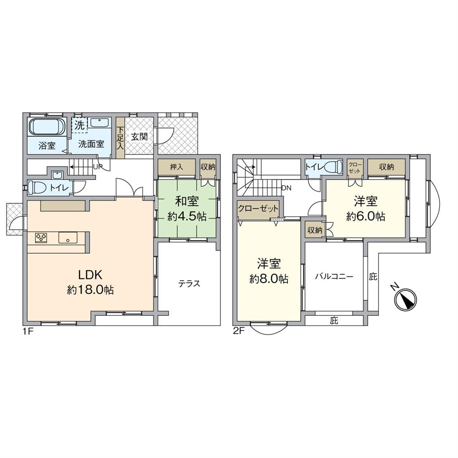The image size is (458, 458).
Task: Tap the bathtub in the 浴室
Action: tap(46, 127)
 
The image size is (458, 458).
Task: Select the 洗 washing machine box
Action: tap(79, 125)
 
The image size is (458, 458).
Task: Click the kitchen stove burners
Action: tap(41, 238)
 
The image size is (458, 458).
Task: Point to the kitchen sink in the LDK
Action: tap(68, 238)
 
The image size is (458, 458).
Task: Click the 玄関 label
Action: tap(139, 137)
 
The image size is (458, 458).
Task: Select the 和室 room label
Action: tap(187, 201)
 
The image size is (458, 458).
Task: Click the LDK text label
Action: tap(90, 275)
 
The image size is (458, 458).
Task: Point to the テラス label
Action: tap(189, 283)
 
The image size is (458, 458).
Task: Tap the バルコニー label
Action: tap(334, 276)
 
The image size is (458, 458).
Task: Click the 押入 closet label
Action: tap(176, 167)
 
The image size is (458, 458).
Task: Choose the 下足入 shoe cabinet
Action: tap(120, 138)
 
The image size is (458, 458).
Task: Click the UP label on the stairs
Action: tap(97, 167)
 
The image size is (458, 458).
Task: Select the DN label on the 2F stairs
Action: tap(286, 188)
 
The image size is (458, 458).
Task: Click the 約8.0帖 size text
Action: tap(269, 279)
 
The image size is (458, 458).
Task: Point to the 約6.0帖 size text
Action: tap(366, 216)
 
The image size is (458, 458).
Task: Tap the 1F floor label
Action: tap(28, 332)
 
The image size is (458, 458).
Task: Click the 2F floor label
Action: tap(238, 332)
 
